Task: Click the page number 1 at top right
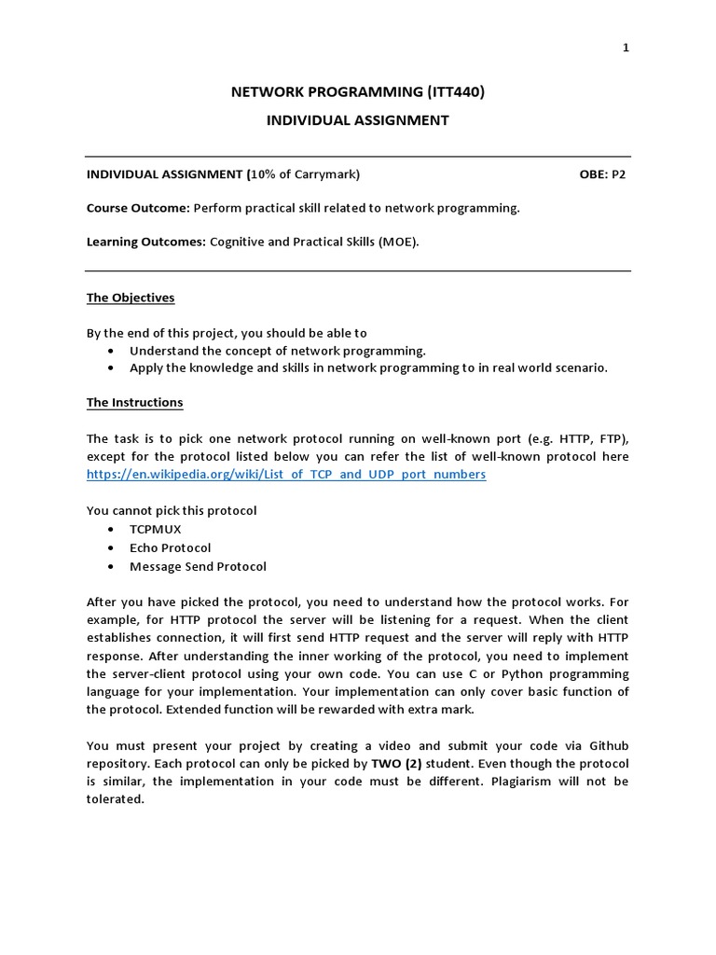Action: click(x=626, y=49)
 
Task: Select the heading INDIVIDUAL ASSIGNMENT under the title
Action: click(x=358, y=119)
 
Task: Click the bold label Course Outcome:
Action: click(x=138, y=208)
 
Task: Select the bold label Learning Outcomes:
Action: click(x=145, y=242)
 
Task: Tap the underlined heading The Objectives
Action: click(x=131, y=298)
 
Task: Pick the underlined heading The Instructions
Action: click(x=134, y=402)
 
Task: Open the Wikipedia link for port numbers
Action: click(x=286, y=474)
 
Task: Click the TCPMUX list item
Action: click(x=155, y=529)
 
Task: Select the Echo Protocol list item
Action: click(x=170, y=547)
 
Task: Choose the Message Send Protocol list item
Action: click(x=198, y=566)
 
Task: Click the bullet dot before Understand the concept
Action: click(x=112, y=351)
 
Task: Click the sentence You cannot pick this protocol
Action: click(x=172, y=510)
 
